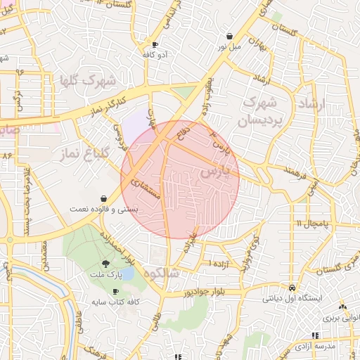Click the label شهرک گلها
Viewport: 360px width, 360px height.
click(x=88, y=80)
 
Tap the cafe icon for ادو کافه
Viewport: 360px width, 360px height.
click(x=155, y=44)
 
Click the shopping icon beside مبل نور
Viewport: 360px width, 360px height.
click(x=230, y=36)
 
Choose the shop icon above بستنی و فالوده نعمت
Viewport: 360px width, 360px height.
click(x=105, y=198)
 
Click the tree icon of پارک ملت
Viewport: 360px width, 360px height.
click(x=105, y=264)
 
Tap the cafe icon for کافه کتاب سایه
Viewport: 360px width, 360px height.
click(x=116, y=291)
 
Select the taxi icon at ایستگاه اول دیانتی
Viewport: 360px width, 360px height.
click(x=292, y=288)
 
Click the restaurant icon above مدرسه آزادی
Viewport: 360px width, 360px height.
click(x=314, y=336)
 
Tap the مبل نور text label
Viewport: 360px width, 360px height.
click(x=228, y=47)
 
